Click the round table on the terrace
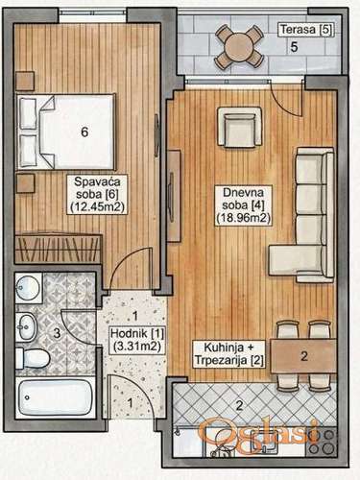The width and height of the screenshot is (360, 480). click(239, 47)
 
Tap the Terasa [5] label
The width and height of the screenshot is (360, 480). click(306, 30)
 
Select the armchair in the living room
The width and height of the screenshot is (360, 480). click(239, 127)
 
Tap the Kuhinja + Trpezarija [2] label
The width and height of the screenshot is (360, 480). click(229, 353)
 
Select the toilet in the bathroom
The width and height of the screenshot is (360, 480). click(33, 358)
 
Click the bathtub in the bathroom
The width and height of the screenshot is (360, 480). click(55, 398)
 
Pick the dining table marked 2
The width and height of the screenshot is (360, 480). click(303, 356)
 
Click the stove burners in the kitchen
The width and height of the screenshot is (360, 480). click(321, 442)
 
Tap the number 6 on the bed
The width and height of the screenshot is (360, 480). click(84, 132)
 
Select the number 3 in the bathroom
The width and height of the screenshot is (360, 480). click(57, 333)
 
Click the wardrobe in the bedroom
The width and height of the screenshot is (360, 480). click(59, 249)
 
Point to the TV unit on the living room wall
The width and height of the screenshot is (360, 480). click(174, 196)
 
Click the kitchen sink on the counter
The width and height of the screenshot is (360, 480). click(263, 444)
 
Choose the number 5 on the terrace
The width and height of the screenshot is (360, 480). click(294, 47)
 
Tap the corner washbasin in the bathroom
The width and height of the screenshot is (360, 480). click(28, 287)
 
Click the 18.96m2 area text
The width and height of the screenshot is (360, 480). click(244, 219)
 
